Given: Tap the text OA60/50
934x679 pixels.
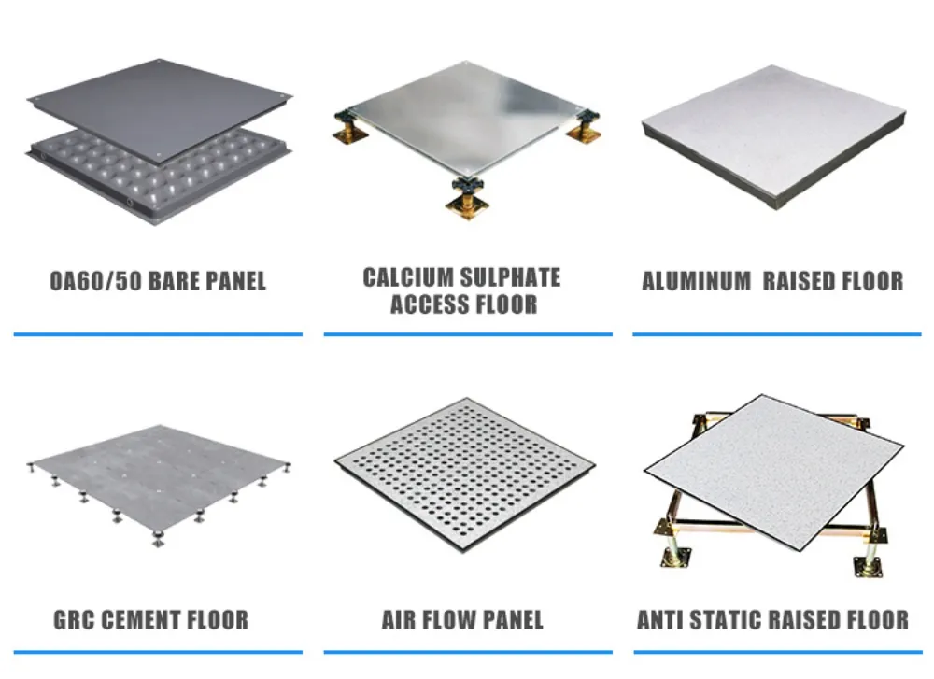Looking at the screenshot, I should [91, 280].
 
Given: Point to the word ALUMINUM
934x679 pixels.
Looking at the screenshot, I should [696, 281].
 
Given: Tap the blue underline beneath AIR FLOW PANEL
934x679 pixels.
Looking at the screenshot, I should [468, 652].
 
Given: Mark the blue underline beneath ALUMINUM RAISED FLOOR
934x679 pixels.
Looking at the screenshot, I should [776, 333].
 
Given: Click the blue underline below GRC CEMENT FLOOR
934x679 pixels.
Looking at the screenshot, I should [158, 652].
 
